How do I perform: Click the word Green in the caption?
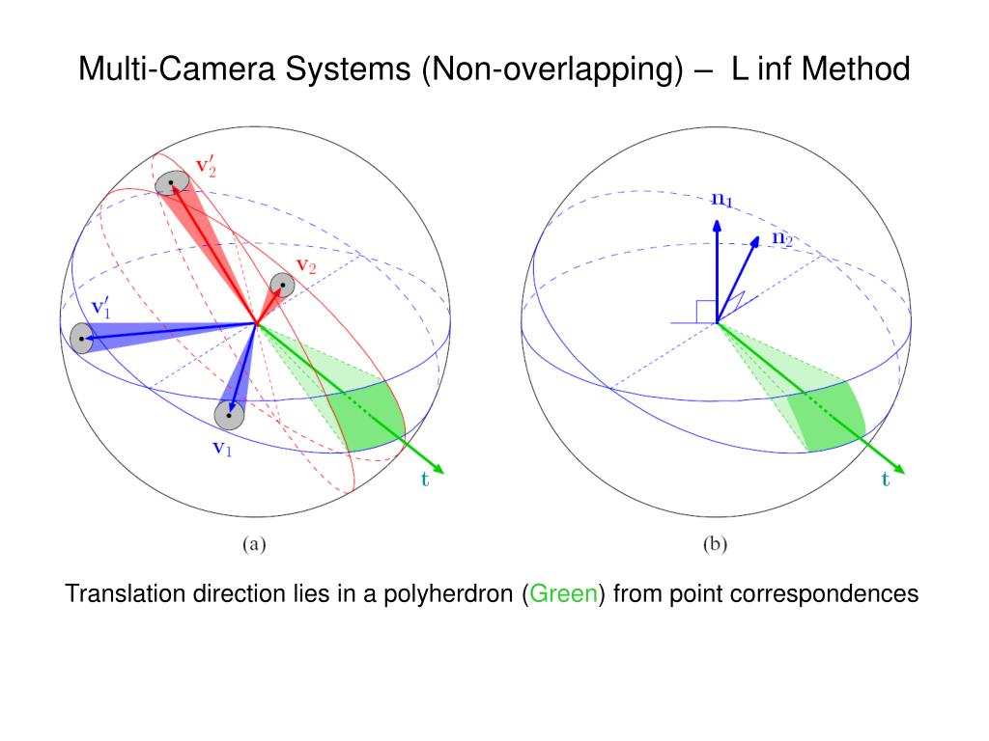(565, 594)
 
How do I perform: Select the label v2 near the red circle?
(306, 265)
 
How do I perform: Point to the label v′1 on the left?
(101, 308)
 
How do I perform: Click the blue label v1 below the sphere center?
(222, 448)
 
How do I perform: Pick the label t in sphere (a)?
(425, 480)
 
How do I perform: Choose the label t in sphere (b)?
(886, 480)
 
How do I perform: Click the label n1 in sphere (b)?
(721, 200)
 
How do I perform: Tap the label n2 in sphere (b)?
(781, 237)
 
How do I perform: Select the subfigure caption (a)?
(253, 544)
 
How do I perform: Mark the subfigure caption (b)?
(714, 544)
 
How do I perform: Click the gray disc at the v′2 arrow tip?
(171, 181)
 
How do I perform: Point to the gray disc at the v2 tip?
(282, 285)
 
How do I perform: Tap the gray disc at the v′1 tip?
(82, 338)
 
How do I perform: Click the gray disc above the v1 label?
(228, 415)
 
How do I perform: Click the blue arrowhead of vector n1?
(718, 226)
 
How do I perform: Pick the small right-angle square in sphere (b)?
(705, 311)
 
